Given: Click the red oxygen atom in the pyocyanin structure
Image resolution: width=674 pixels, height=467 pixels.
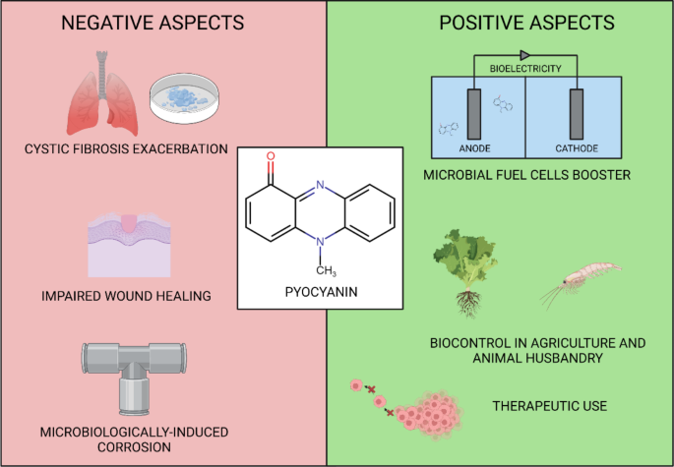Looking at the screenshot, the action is tap(271, 156).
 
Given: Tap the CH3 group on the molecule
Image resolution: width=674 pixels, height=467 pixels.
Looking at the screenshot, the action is tap(327, 270).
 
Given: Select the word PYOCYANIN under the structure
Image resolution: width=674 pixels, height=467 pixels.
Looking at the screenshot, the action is tap(321, 292).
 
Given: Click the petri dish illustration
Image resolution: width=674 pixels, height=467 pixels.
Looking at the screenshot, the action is tap(184, 97).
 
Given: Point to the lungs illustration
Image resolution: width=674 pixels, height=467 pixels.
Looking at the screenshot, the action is tap(102, 93).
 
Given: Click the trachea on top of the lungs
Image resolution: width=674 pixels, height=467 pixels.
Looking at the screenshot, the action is tap(102, 74).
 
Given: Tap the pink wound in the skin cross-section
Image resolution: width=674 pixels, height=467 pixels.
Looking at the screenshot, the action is tap(129, 223).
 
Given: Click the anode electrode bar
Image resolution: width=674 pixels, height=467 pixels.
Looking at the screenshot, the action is tap(474, 114).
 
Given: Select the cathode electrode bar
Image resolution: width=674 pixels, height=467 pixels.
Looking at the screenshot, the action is tap(577, 114).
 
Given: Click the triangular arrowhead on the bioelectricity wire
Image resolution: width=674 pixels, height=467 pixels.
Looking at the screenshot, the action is tap(524, 55).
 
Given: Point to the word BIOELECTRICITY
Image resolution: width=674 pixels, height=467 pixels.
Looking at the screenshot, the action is tap(525, 69).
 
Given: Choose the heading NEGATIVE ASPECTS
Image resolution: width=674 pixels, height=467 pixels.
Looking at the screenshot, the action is tap(153, 23).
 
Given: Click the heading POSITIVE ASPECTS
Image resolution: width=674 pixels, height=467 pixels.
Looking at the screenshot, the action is tap(527, 23).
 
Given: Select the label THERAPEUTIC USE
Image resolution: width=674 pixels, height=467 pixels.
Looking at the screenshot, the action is tap(550, 406).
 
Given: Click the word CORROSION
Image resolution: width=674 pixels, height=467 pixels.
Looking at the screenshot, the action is tap(134, 447).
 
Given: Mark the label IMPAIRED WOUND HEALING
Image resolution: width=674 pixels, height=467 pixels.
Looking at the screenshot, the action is tap(126, 296).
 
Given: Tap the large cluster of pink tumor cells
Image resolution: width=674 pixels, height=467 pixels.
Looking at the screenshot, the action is tap(430, 416).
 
